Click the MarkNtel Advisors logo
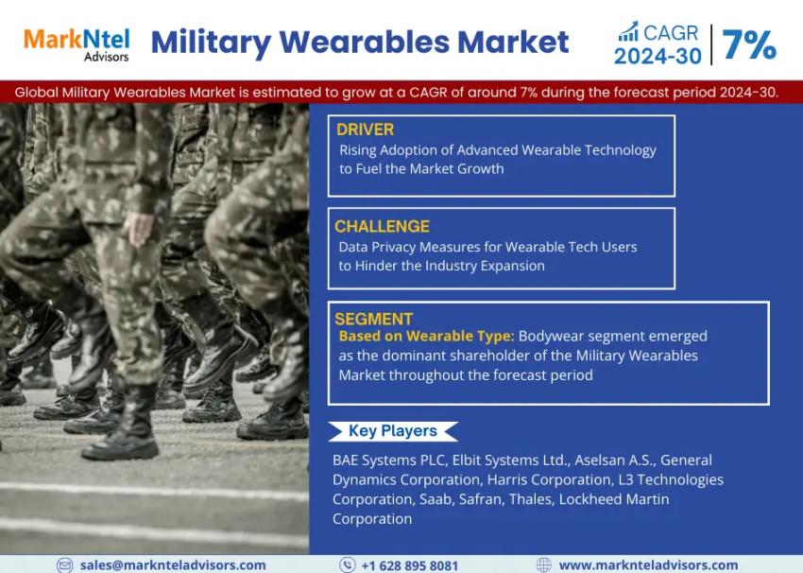pyautogui.click(x=77, y=43)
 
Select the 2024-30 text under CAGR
pyautogui.click(x=658, y=57)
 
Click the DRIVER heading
pyautogui.click(x=365, y=130)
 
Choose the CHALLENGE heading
pyautogui.click(x=382, y=226)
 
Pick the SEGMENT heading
pyautogui.click(x=373, y=319)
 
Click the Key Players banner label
pyautogui.click(x=392, y=431)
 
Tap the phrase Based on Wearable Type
pyautogui.click(x=426, y=336)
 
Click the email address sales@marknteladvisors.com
pyautogui.click(x=173, y=564)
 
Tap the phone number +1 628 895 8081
pyautogui.click(x=410, y=564)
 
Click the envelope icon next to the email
pyautogui.click(x=64, y=564)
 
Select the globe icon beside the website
pyautogui.click(x=543, y=564)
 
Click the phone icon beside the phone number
pyautogui.click(x=347, y=564)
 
